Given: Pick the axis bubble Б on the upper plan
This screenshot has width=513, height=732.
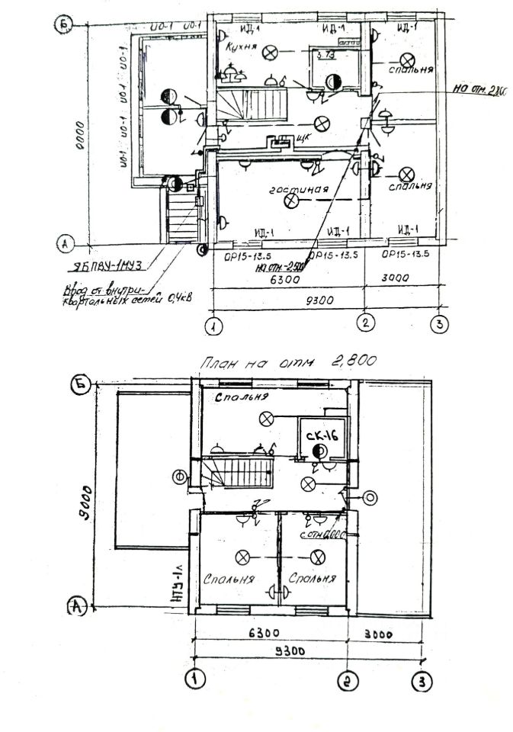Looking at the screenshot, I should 66,27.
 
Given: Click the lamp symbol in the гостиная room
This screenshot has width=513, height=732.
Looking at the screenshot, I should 290,201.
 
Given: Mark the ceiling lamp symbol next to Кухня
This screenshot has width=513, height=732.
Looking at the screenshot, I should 269,51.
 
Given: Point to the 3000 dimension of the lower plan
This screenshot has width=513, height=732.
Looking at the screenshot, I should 385,633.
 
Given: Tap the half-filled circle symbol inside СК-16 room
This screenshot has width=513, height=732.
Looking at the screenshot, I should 318,451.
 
